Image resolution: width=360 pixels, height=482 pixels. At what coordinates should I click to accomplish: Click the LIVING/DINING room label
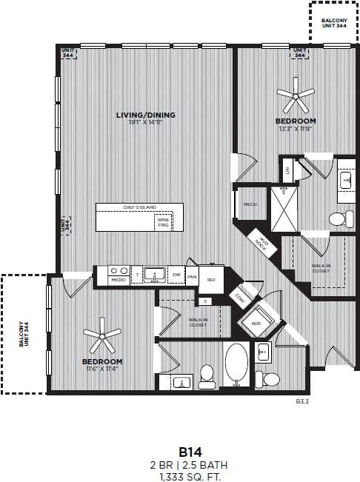[145, 115]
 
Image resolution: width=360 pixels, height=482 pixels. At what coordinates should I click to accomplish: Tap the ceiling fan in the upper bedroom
[295, 94]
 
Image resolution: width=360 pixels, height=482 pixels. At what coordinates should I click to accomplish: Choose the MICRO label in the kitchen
[118, 280]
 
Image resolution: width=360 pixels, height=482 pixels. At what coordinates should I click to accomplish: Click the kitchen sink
[154, 275]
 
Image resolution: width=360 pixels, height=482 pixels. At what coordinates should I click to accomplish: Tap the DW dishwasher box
[176, 275]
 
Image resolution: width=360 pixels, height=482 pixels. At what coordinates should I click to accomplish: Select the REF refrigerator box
[211, 279]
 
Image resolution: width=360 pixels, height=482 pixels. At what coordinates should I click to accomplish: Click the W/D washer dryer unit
[256, 323]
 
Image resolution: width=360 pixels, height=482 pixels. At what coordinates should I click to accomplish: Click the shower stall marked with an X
[284, 209]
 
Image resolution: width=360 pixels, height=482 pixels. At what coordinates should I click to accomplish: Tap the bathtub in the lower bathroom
[237, 365]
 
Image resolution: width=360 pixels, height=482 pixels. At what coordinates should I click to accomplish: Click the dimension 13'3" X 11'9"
[296, 128]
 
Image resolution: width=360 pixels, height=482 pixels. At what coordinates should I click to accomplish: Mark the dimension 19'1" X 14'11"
[145, 123]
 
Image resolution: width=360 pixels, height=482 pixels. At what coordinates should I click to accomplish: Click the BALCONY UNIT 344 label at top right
[333, 22]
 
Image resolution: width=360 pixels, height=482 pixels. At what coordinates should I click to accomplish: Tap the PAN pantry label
[192, 277]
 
